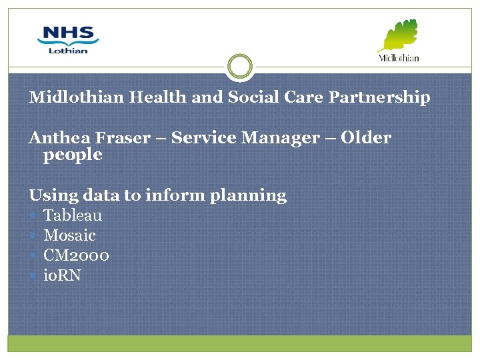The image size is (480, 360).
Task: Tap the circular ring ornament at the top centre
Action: (240, 67)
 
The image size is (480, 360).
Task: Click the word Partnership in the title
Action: (379, 98)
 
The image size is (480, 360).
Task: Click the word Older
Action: (366, 138)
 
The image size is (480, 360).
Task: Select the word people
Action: (73, 156)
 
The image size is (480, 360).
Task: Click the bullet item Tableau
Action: (73, 215)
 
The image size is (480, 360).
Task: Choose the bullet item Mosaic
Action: (69, 235)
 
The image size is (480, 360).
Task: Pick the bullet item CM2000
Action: (76, 255)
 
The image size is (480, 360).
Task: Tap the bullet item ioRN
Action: (62, 275)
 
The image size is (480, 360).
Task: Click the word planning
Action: (247, 196)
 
